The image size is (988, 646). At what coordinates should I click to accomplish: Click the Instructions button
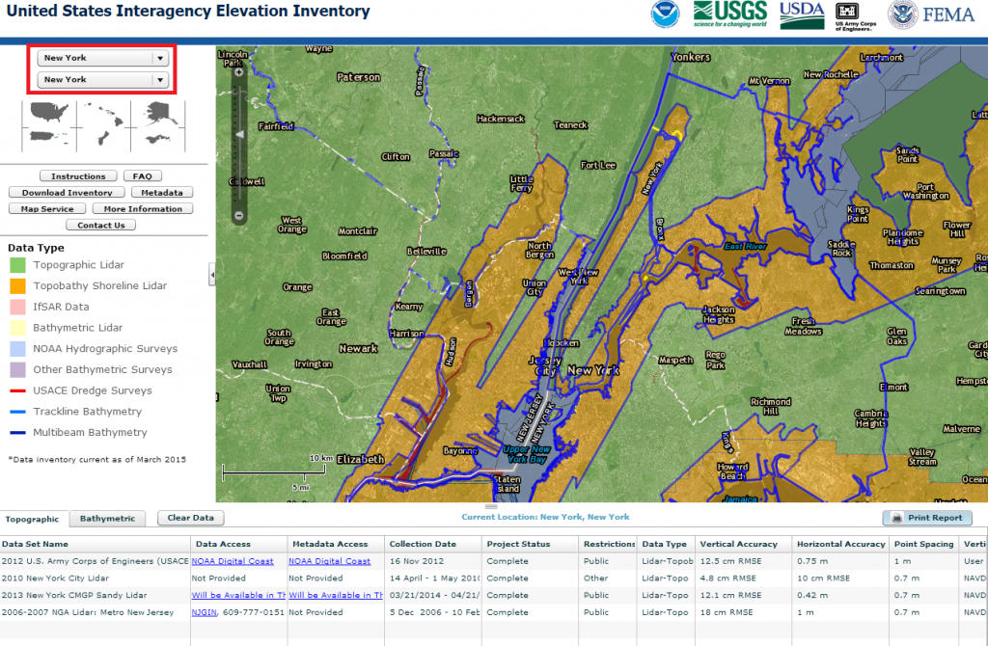pyautogui.click(x=78, y=176)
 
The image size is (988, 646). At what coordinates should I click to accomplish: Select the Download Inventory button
pyautogui.click(x=67, y=193)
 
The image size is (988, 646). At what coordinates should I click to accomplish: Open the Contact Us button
pyautogui.click(x=100, y=226)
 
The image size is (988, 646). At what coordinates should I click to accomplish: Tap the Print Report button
pyautogui.click(x=927, y=518)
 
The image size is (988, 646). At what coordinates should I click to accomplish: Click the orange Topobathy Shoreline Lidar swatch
pyautogui.click(x=17, y=285)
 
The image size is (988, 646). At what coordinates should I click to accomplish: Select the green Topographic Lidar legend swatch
pyautogui.click(x=17, y=265)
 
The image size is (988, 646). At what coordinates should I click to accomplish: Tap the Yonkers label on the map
pyautogui.click(x=691, y=57)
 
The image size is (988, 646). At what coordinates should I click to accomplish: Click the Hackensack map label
pyautogui.click(x=501, y=119)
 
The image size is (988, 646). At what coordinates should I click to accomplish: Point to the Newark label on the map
pyautogui.click(x=358, y=348)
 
